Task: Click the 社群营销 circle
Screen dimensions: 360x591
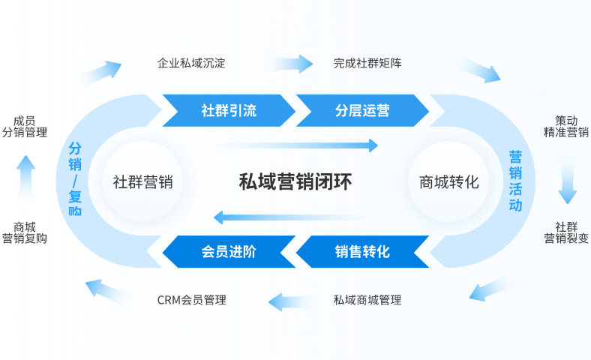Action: pos(142,181)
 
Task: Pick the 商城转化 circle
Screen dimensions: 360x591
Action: pos(448,181)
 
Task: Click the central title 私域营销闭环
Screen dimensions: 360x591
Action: pos(295,181)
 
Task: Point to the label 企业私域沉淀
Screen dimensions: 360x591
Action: pos(191,64)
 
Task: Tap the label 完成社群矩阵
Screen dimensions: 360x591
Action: pos(367,64)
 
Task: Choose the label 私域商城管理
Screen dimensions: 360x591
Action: pos(367,300)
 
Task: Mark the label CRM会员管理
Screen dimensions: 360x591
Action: pos(191,300)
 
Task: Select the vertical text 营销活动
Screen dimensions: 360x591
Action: pos(515,181)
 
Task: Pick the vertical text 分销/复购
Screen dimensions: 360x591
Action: pos(75,180)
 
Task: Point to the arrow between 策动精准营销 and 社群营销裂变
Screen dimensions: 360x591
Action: pos(568,182)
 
